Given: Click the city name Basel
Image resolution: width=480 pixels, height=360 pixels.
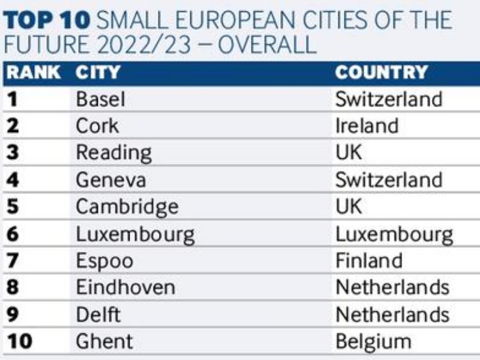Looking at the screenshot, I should coord(101,99).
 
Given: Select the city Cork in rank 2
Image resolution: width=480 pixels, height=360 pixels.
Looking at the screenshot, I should coord(97,126).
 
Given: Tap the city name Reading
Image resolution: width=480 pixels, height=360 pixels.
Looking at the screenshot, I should coord(113,153).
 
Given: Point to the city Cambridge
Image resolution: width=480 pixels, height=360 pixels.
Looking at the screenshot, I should coord(127,207).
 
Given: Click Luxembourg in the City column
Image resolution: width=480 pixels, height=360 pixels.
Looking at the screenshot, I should coord(135,234).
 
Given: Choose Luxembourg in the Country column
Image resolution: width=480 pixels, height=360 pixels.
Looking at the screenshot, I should coord(394,234).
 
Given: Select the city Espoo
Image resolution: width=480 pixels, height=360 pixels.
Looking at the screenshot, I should coord(104,261).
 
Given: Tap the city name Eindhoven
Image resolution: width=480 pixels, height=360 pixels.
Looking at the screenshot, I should coord(125,287).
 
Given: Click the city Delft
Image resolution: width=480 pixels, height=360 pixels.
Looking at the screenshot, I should coord(98,314).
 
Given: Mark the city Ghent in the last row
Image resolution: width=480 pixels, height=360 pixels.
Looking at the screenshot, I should coord(104,341).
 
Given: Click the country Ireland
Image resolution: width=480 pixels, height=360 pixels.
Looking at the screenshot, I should coord(367,126).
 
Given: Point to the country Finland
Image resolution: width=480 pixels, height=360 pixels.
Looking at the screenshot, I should coord(369,261).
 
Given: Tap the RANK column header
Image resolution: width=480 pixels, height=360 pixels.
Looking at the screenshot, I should coord(33,73).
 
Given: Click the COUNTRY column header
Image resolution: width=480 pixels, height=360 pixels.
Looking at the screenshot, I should coord(382,73).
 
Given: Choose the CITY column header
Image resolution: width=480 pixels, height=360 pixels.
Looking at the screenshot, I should coord(98,73).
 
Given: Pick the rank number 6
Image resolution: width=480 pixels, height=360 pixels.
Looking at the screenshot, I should coord(13,234).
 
